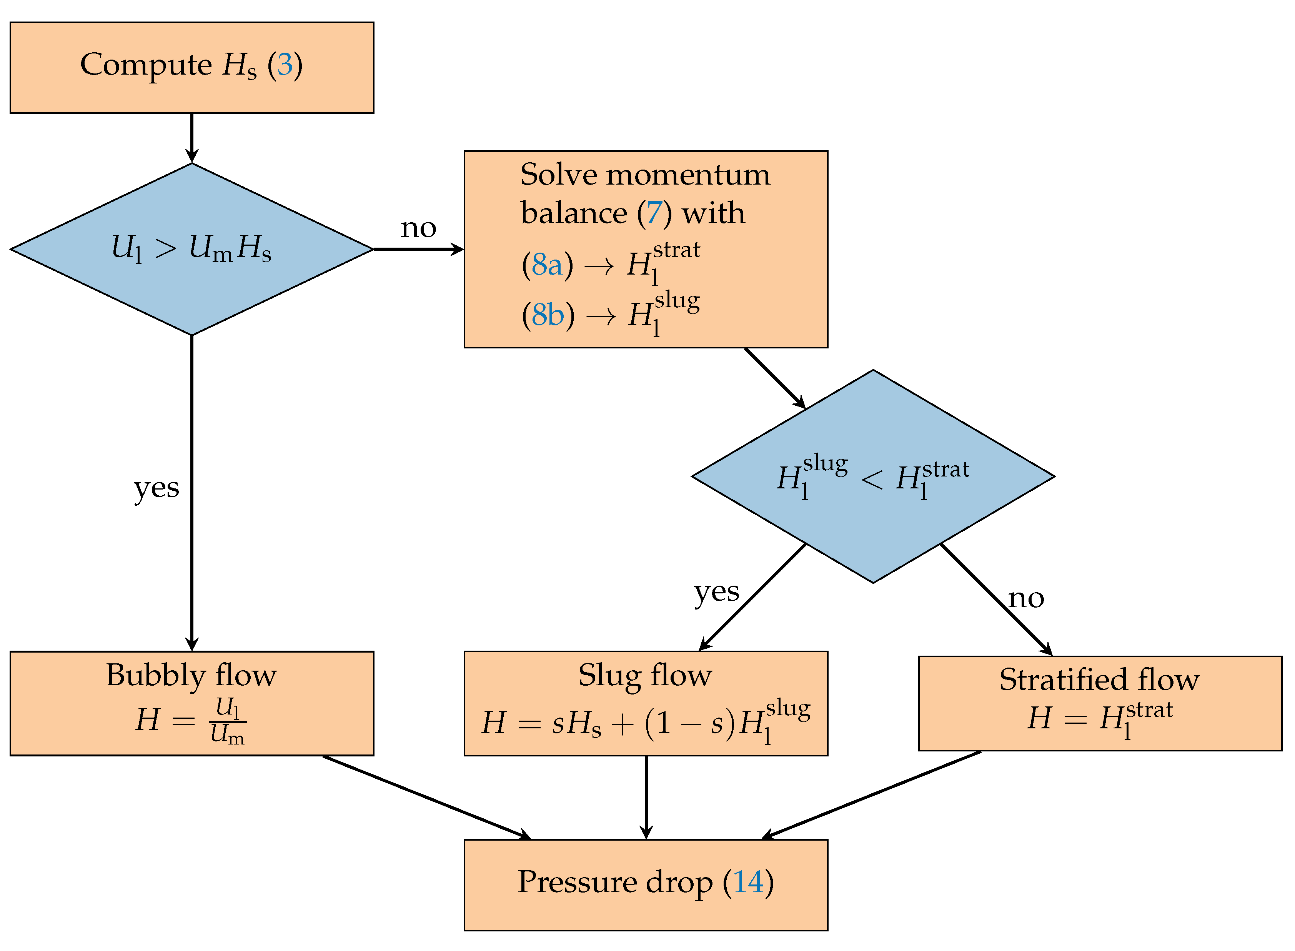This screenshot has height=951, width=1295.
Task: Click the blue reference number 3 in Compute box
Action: tap(285, 65)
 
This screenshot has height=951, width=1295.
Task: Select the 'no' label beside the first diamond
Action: tap(418, 228)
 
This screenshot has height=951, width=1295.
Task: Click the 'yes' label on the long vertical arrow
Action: tap(156, 488)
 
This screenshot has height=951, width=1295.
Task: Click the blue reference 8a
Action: tap(547, 265)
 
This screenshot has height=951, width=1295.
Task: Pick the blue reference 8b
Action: tap(548, 315)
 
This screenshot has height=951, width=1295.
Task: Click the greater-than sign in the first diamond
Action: tap(166, 249)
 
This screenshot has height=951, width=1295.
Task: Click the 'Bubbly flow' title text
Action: tap(191, 675)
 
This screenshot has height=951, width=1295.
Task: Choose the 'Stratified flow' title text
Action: tap(1099, 680)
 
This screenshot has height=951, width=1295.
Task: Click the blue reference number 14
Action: tap(748, 882)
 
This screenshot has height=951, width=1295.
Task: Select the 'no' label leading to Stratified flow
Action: tap(1025, 599)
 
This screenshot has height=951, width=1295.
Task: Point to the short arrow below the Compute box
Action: tap(191, 138)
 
